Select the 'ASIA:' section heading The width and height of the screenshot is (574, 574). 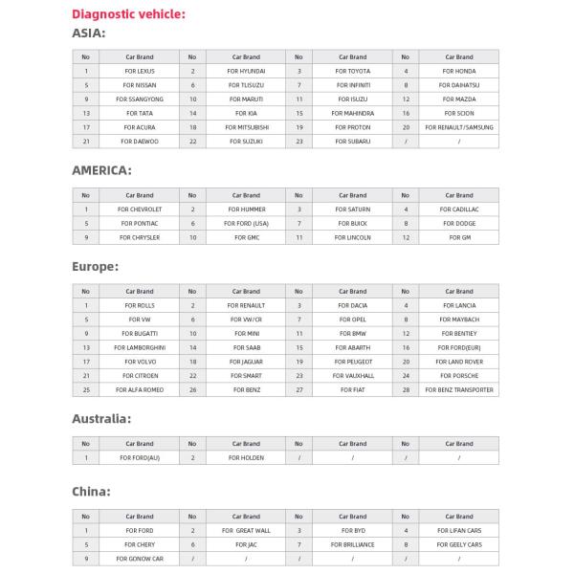click(x=89, y=33)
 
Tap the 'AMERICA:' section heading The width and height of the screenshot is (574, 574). click(x=101, y=170)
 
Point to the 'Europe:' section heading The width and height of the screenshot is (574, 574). click(x=96, y=266)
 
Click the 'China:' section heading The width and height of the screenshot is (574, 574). click(x=92, y=491)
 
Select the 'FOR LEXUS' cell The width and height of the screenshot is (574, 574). click(x=140, y=71)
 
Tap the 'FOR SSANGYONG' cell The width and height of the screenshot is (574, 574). click(x=140, y=99)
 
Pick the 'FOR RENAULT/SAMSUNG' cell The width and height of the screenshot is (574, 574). click(x=459, y=126)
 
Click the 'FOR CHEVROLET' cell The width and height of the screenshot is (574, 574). click(x=140, y=209)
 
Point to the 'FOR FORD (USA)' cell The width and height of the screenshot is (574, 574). click(x=246, y=223)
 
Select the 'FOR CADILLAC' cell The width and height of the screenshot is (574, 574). click(x=459, y=209)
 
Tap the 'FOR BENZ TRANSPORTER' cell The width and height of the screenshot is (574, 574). click(x=459, y=389)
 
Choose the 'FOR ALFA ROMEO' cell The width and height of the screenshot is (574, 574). click(x=140, y=389)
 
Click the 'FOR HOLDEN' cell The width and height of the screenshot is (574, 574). click(x=246, y=458)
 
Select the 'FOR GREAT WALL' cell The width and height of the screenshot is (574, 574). click(x=246, y=530)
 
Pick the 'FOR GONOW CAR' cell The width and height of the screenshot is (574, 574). click(x=140, y=559)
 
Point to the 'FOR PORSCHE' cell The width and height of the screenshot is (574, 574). click(x=459, y=376)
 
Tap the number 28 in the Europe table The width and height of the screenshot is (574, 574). click(x=406, y=389)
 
